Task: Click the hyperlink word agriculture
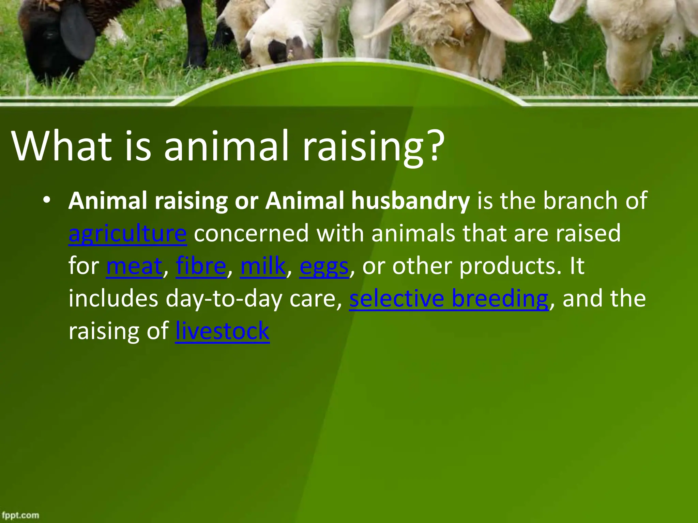(x=127, y=234)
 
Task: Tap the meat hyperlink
(x=134, y=266)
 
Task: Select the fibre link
(x=201, y=266)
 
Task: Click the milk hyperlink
(x=263, y=266)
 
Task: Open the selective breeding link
(x=449, y=298)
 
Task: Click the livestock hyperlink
(x=222, y=331)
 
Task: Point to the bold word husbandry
(x=410, y=201)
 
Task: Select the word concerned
(x=251, y=234)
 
